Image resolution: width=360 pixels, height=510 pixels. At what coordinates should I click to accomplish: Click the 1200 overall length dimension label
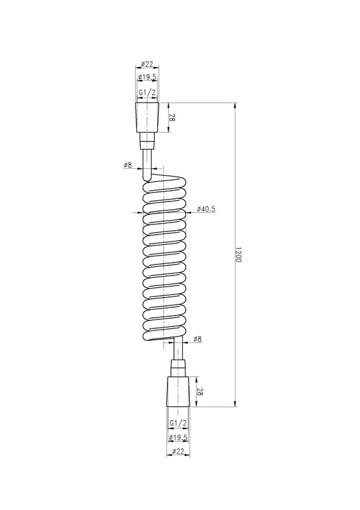(x=238, y=254)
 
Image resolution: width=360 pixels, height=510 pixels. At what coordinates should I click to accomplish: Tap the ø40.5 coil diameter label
(x=206, y=209)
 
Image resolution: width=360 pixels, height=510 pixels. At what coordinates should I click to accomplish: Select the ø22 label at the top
(x=147, y=64)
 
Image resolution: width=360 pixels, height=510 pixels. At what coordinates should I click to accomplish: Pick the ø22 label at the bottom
(x=178, y=451)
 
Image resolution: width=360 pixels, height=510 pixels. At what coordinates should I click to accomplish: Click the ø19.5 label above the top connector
(x=147, y=77)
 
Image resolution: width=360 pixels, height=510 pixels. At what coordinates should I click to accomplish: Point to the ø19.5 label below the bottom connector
(x=178, y=437)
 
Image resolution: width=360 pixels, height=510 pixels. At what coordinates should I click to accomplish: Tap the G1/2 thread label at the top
(x=147, y=92)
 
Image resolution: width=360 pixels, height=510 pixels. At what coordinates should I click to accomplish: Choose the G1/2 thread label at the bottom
(x=178, y=423)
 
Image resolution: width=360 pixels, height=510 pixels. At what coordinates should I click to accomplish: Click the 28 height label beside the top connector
(x=172, y=118)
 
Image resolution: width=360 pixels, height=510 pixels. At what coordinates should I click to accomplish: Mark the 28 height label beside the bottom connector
(x=200, y=391)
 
